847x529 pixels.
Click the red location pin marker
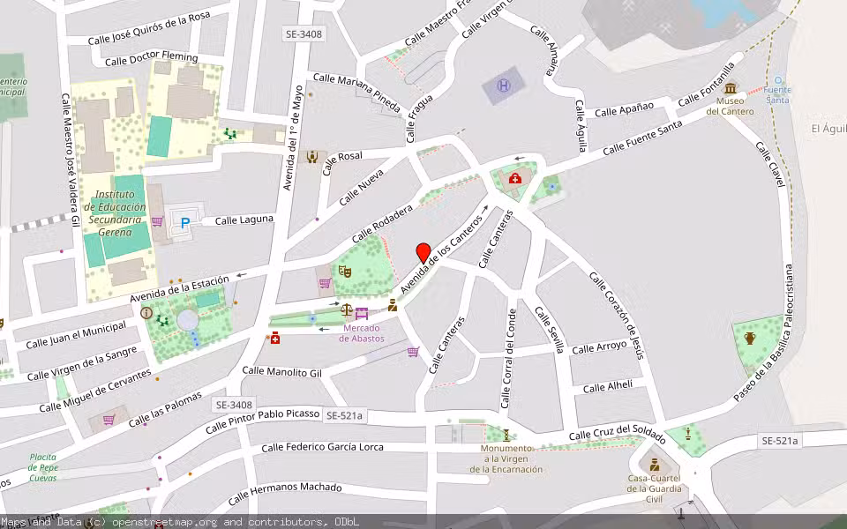pyautogui.click(x=423, y=252)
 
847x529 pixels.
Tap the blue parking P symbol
pyautogui.click(x=185, y=224)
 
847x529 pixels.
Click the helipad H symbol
pyautogui.click(x=504, y=86)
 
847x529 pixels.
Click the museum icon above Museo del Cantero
pyautogui.click(x=730, y=88)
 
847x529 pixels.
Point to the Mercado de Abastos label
pyautogui.click(x=362, y=333)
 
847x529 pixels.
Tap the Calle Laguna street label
pyautogui.click(x=244, y=220)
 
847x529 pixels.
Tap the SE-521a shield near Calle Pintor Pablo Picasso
pyautogui.click(x=345, y=414)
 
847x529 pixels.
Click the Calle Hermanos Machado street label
pyautogui.click(x=284, y=494)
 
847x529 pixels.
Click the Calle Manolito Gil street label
pyautogui.click(x=282, y=373)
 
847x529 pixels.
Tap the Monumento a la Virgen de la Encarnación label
pyautogui.click(x=506, y=459)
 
